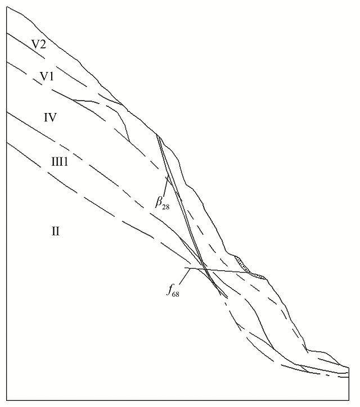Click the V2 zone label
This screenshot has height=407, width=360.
(x=39, y=46)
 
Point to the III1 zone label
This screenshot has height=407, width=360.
(x=61, y=161)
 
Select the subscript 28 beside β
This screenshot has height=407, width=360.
(x=166, y=206)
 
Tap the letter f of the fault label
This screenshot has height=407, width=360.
(x=169, y=290)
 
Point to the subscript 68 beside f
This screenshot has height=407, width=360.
(x=177, y=293)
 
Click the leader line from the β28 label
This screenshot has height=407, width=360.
(x=164, y=186)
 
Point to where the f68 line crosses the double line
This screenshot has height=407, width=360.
(x=205, y=269)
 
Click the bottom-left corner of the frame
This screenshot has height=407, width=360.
(x=6, y=400)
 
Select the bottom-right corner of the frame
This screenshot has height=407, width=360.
(x=349, y=400)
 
